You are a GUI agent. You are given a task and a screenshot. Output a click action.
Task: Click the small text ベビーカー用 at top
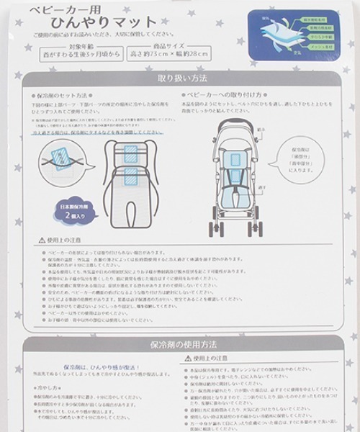[x=62, y=9]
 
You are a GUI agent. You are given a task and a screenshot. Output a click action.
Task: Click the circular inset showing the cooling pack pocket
[x=57, y=157]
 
